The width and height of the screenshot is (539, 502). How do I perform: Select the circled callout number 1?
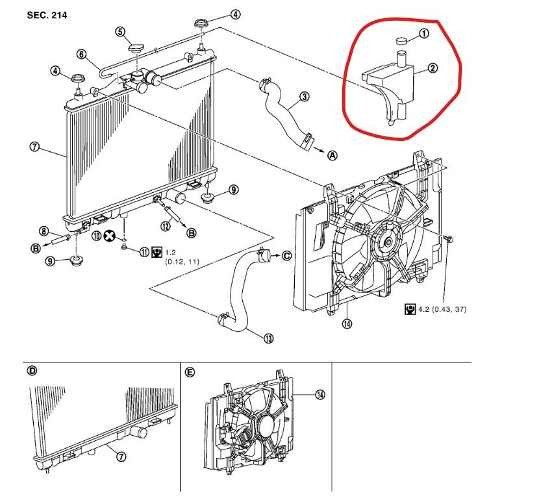pyautogui.click(x=423, y=34)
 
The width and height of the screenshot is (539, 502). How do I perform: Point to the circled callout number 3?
pyautogui.click(x=303, y=98)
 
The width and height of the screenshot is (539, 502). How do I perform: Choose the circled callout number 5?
pyautogui.click(x=120, y=31)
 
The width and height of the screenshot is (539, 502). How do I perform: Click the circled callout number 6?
pyautogui.click(x=82, y=54)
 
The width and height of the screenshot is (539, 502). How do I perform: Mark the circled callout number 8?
pyautogui.click(x=44, y=231)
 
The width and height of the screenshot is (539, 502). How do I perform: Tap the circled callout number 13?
pyautogui.click(x=268, y=338)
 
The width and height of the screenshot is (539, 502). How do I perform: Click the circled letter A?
pyautogui.click(x=332, y=155)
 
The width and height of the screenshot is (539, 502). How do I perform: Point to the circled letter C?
pyautogui.click(x=286, y=255)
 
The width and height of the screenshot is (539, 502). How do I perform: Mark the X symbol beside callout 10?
pyautogui.click(x=111, y=236)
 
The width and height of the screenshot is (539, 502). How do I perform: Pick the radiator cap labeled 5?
pyautogui.click(x=136, y=47)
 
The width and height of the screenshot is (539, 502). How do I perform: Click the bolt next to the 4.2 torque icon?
pyautogui.click(x=447, y=240)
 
